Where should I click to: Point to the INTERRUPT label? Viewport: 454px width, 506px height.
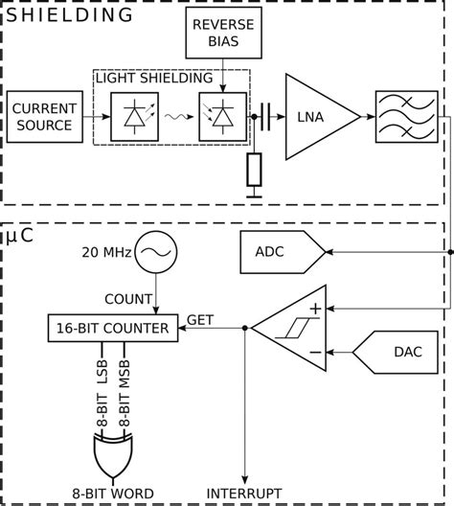tap(246, 494)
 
